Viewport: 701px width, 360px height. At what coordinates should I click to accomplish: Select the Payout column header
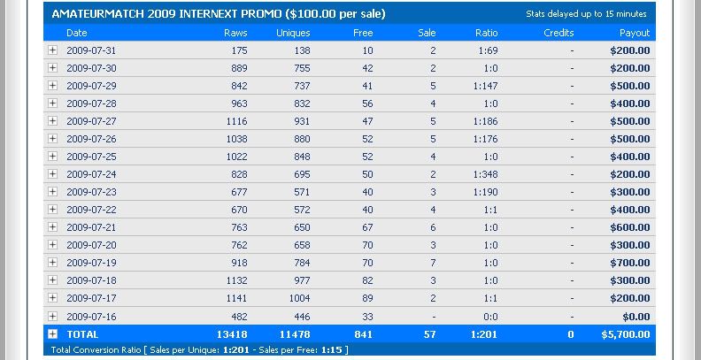pyautogui.click(x=635, y=33)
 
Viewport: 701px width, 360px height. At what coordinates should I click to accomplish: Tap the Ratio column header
pyautogui.click(x=486, y=33)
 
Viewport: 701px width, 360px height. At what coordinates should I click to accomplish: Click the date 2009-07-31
pyautogui.click(x=91, y=50)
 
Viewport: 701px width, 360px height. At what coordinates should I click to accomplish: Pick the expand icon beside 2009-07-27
pyautogui.click(x=53, y=121)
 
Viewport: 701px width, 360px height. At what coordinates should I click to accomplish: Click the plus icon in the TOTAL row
pyautogui.click(x=53, y=334)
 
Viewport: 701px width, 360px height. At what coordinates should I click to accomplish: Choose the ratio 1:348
pyautogui.click(x=485, y=174)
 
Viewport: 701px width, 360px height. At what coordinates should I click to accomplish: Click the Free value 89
pyautogui.click(x=367, y=298)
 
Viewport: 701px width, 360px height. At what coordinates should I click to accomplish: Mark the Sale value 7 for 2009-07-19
pyautogui.click(x=433, y=263)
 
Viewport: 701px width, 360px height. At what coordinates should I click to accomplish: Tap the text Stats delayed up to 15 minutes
pyautogui.click(x=599, y=14)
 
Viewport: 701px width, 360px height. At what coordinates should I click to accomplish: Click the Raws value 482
pyautogui.click(x=237, y=316)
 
